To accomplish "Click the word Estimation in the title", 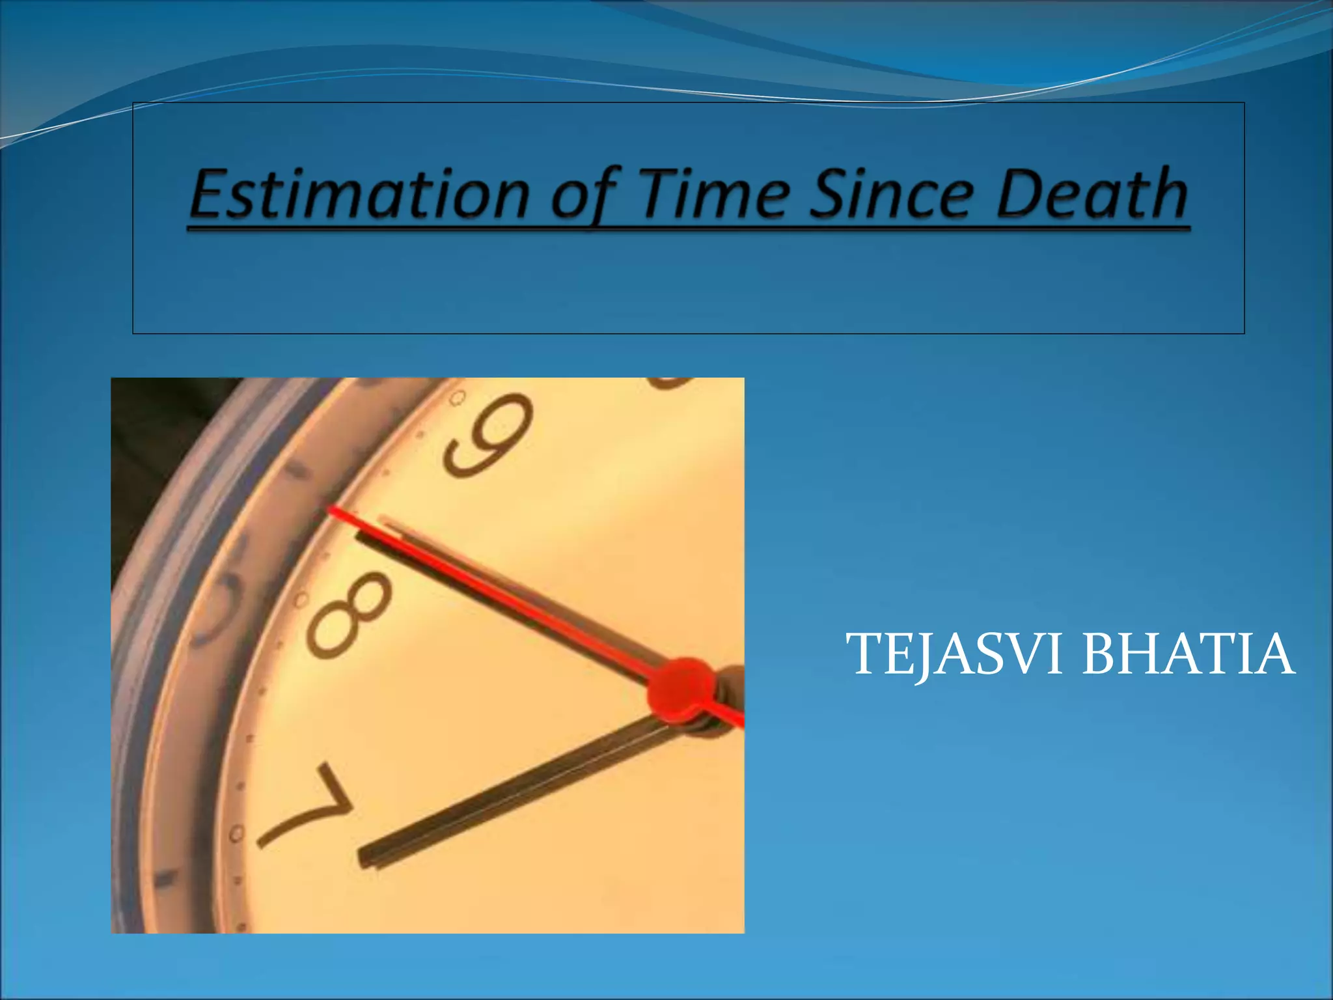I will tap(359, 193).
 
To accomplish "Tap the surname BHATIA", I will tap(1187, 654).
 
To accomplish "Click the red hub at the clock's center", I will tap(680, 693).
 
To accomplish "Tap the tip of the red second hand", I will tap(332, 510).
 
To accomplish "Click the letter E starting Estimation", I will tap(212, 193).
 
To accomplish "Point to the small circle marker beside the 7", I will tap(236, 833).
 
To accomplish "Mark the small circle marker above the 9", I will tap(458, 396).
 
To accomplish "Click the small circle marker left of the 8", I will tap(301, 598).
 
